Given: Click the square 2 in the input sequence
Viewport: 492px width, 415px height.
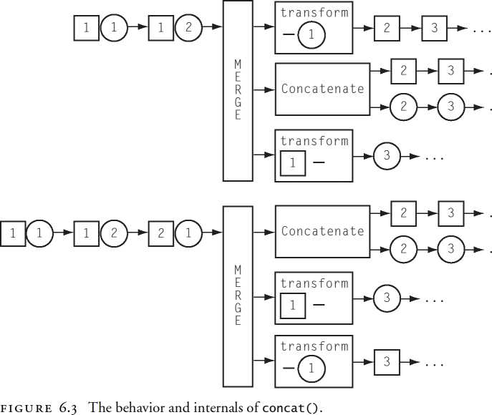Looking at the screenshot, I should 160,233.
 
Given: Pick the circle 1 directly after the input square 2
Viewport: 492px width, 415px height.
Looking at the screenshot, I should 188,233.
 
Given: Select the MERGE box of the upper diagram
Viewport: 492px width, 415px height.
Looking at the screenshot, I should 238,90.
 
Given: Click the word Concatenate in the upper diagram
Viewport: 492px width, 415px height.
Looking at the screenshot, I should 322,89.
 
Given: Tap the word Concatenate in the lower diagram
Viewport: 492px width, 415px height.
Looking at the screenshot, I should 322,231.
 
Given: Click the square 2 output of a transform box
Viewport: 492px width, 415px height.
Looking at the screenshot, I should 387,29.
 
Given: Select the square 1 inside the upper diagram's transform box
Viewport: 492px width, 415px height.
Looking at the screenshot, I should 293,163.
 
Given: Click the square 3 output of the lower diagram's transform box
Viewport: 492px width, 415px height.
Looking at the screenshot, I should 387,362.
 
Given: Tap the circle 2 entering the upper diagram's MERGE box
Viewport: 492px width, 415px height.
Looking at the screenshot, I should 188,29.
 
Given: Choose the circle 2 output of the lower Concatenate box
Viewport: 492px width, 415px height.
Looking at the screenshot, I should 404,249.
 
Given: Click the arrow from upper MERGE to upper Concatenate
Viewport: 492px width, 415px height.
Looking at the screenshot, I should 264,90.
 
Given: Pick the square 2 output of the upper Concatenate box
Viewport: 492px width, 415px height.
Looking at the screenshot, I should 404,71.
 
